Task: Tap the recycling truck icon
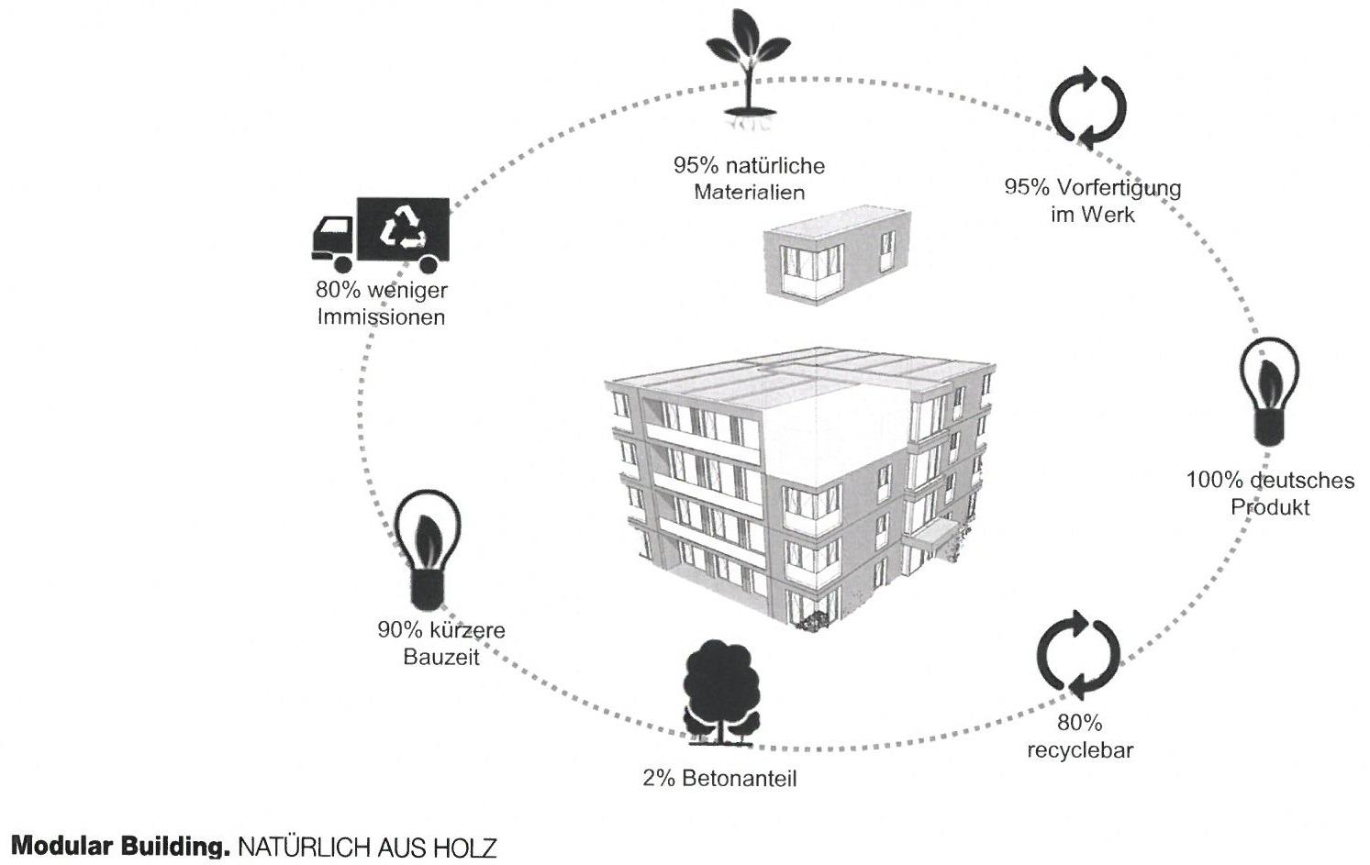coord(381,235)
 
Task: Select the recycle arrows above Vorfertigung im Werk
coord(1088,108)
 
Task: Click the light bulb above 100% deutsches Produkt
coord(1269,392)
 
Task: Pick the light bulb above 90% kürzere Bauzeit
coord(427,551)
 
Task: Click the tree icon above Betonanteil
coord(722,693)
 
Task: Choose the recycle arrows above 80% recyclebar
coord(1078,655)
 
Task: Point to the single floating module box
coord(838,255)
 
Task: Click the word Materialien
coord(749,193)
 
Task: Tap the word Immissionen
coord(381,317)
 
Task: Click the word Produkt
coord(1270,507)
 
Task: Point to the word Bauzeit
coord(441,657)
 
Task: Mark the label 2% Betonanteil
coord(719,779)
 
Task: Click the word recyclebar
coord(1080,750)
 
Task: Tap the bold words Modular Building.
coord(120,847)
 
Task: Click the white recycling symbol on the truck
coord(403,228)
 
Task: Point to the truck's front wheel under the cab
coord(342,264)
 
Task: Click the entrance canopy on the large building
coord(932,536)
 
